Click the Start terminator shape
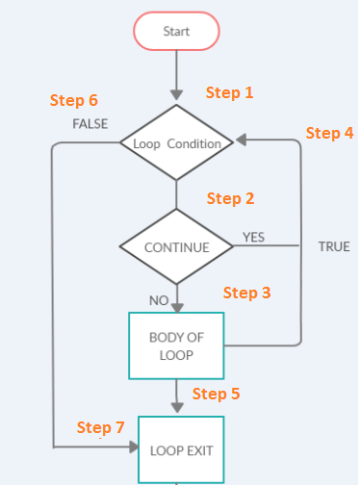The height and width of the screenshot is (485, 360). (x=176, y=32)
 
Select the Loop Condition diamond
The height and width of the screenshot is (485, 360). (x=176, y=143)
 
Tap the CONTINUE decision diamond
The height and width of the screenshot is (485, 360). (x=176, y=247)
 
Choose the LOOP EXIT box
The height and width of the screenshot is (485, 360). (x=180, y=449)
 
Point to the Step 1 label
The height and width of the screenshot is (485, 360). (x=230, y=92)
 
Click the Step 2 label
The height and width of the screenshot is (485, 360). (x=231, y=198)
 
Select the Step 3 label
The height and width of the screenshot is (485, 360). (x=247, y=292)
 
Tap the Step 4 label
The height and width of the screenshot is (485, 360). (x=329, y=133)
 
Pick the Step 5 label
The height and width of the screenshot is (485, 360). (x=217, y=394)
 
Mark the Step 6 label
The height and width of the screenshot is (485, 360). (x=73, y=100)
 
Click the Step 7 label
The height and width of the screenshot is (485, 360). (x=101, y=426)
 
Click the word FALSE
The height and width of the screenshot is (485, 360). (x=90, y=124)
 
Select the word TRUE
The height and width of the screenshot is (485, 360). (x=334, y=246)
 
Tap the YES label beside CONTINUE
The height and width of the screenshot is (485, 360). (x=253, y=237)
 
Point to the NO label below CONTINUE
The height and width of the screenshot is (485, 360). (x=159, y=300)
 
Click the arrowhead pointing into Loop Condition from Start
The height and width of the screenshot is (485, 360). (x=176, y=96)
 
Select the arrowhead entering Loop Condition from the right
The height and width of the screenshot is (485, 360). (x=239, y=142)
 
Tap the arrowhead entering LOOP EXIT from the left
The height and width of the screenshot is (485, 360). (x=132, y=447)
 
